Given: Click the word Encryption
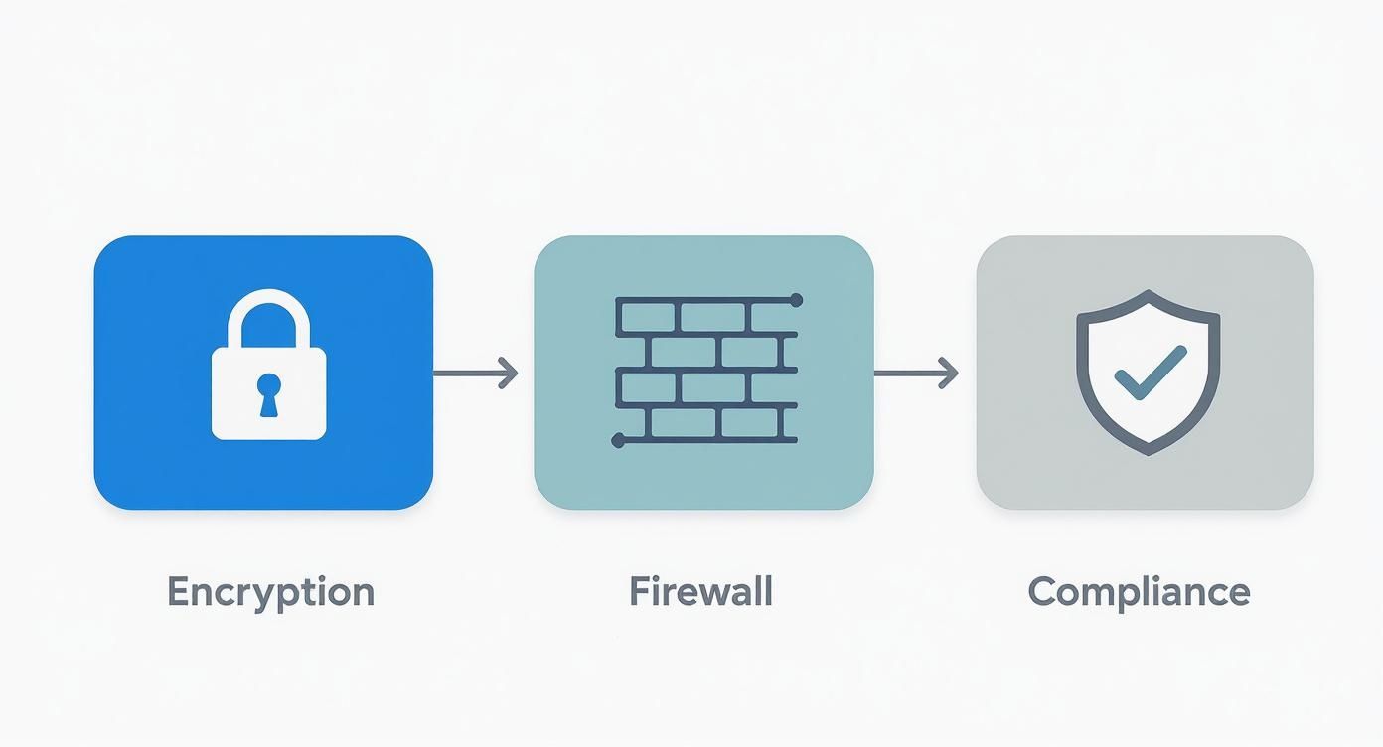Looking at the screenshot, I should click(x=270, y=592).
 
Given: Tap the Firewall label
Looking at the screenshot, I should click(x=700, y=592).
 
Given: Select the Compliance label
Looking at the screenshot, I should click(x=1139, y=592).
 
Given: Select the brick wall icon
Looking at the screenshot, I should click(x=706, y=370).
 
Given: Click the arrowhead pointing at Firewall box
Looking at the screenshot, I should click(x=511, y=373).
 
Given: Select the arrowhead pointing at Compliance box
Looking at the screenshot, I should click(x=951, y=373).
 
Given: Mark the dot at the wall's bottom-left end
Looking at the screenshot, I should click(x=617, y=438).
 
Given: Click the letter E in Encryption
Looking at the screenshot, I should click(x=178, y=592).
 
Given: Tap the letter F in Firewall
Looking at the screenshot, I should click(x=638, y=592).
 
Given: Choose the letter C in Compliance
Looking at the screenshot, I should click(x=1042, y=592).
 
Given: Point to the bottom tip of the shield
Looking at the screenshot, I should click(x=1149, y=453).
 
